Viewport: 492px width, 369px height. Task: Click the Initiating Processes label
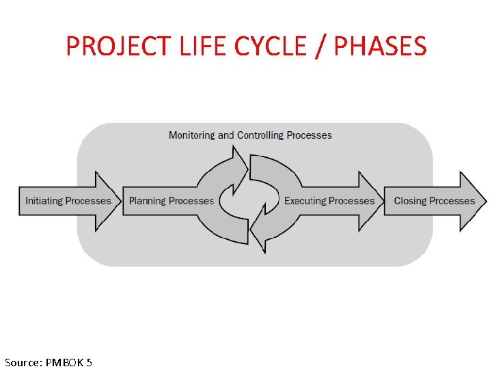68,201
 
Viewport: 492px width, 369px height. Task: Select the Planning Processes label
171,201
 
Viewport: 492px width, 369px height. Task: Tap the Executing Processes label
329,201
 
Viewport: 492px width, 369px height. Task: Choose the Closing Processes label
434,201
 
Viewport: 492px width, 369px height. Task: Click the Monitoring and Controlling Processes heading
250,135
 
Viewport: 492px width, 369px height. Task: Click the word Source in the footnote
22,362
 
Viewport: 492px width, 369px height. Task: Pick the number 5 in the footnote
90,362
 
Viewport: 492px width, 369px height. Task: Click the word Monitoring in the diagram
191,135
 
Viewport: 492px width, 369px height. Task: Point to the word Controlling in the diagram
260,135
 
